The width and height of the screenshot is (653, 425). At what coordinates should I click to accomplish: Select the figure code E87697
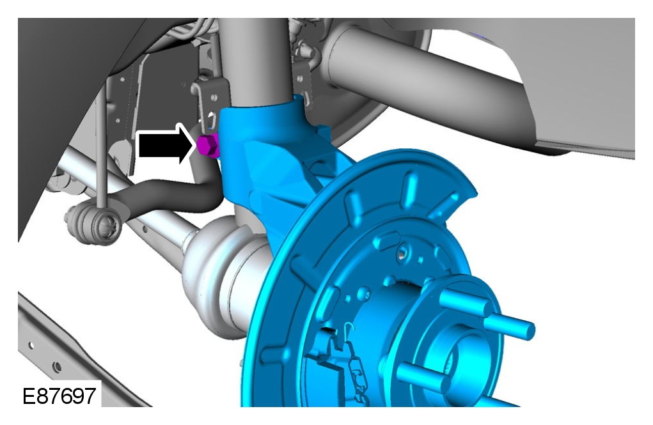(x=59, y=396)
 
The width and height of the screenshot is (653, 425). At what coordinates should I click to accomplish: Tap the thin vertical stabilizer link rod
(x=101, y=146)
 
